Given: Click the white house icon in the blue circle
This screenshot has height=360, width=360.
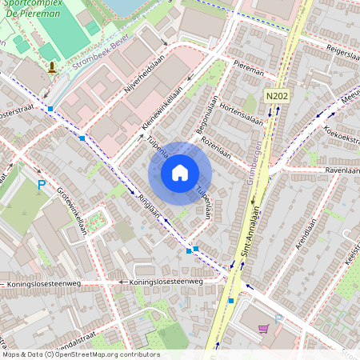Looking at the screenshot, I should point(180,172).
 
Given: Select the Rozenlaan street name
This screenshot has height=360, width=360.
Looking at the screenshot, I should point(217,146).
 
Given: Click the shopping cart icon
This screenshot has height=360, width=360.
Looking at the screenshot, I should point(263,328).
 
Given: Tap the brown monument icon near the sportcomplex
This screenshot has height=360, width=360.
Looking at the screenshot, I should point(53,67).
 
